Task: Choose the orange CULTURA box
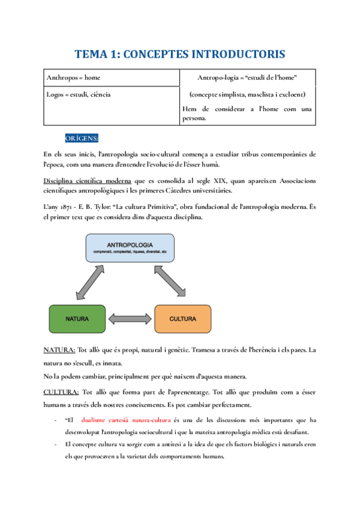(183, 318)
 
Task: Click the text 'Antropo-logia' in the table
(220, 77)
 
